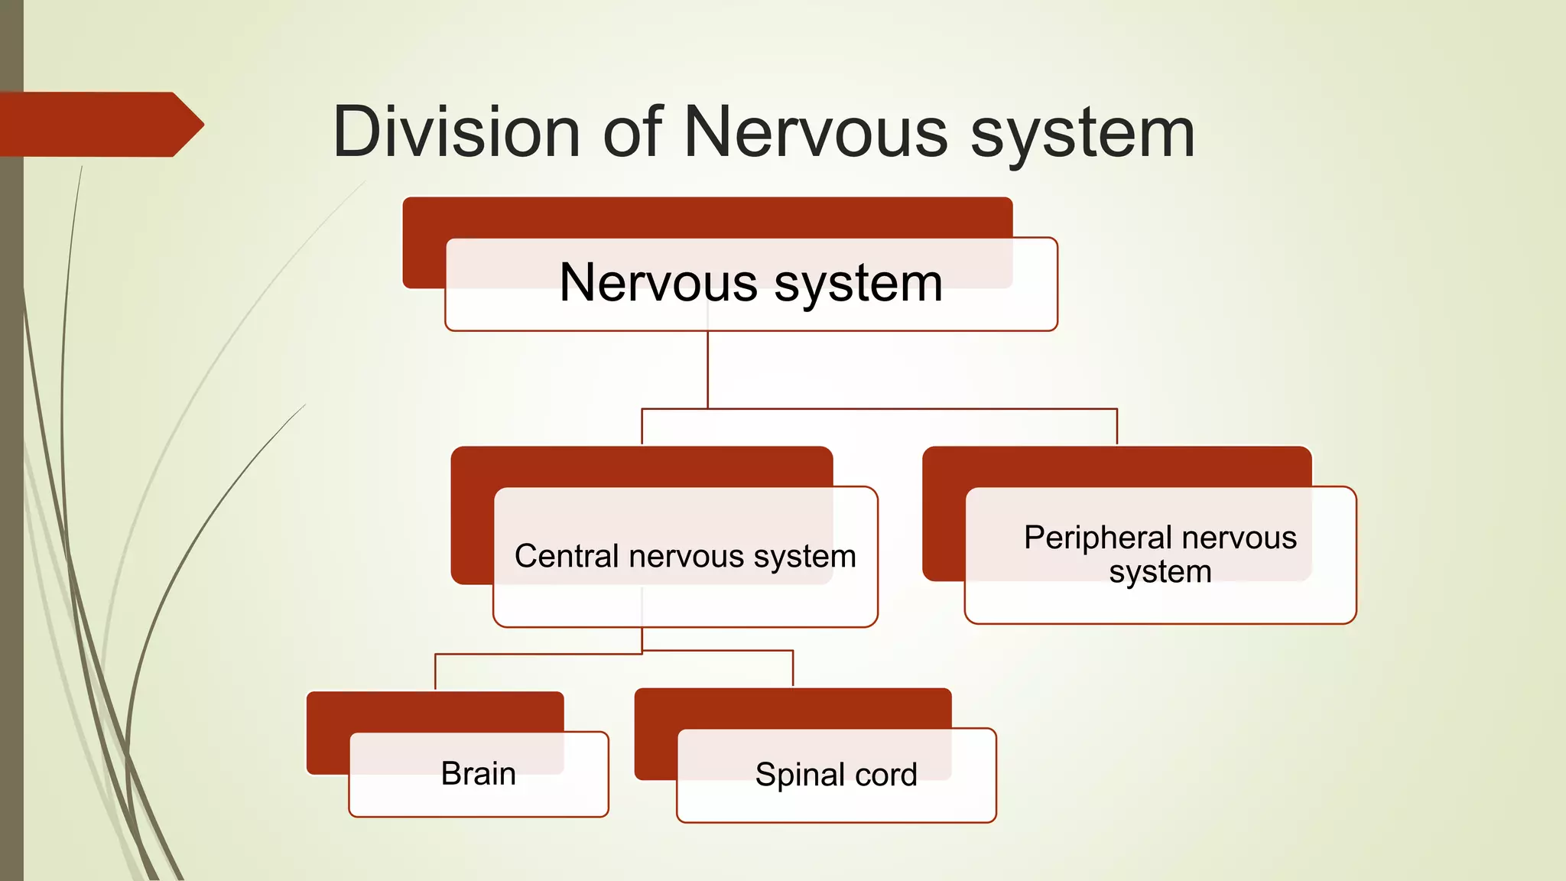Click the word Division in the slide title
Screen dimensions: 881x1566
pos(456,132)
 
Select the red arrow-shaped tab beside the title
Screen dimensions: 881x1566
pos(99,125)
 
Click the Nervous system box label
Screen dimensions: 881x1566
pos(751,283)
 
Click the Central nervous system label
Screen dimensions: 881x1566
pos(685,556)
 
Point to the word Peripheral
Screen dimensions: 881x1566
pos(1097,538)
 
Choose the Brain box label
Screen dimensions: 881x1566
pos(478,774)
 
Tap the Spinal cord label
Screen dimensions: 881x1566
pos(836,775)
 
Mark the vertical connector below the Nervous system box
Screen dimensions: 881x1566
pos(708,371)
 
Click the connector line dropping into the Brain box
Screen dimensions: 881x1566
pos(435,673)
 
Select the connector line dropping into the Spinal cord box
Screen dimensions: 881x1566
pos(793,668)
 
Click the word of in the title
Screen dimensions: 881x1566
pos(632,132)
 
